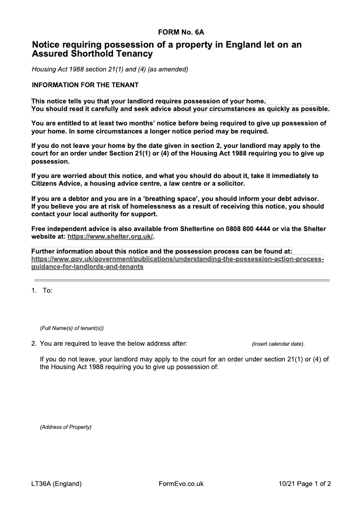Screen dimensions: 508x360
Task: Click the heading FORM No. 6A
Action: tap(181, 32)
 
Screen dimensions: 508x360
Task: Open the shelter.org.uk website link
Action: tap(110, 236)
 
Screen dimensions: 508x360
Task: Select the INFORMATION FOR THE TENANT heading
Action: tap(85, 85)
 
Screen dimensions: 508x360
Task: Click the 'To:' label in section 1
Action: tap(47, 290)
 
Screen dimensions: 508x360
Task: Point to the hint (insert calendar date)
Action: tap(278, 344)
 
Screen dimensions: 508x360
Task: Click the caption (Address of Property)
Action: tap(66, 427)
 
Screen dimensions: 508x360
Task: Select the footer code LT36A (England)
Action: tap(56, 484)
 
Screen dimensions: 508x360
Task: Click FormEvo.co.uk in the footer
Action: tap(181, 484)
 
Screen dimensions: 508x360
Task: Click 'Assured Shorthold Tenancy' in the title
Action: tap(92, 54)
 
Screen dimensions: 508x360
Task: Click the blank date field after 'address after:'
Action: tap(219, 344)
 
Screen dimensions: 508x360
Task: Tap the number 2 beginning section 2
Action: tap(34, 344)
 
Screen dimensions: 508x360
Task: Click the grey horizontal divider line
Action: tap(181, 281)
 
